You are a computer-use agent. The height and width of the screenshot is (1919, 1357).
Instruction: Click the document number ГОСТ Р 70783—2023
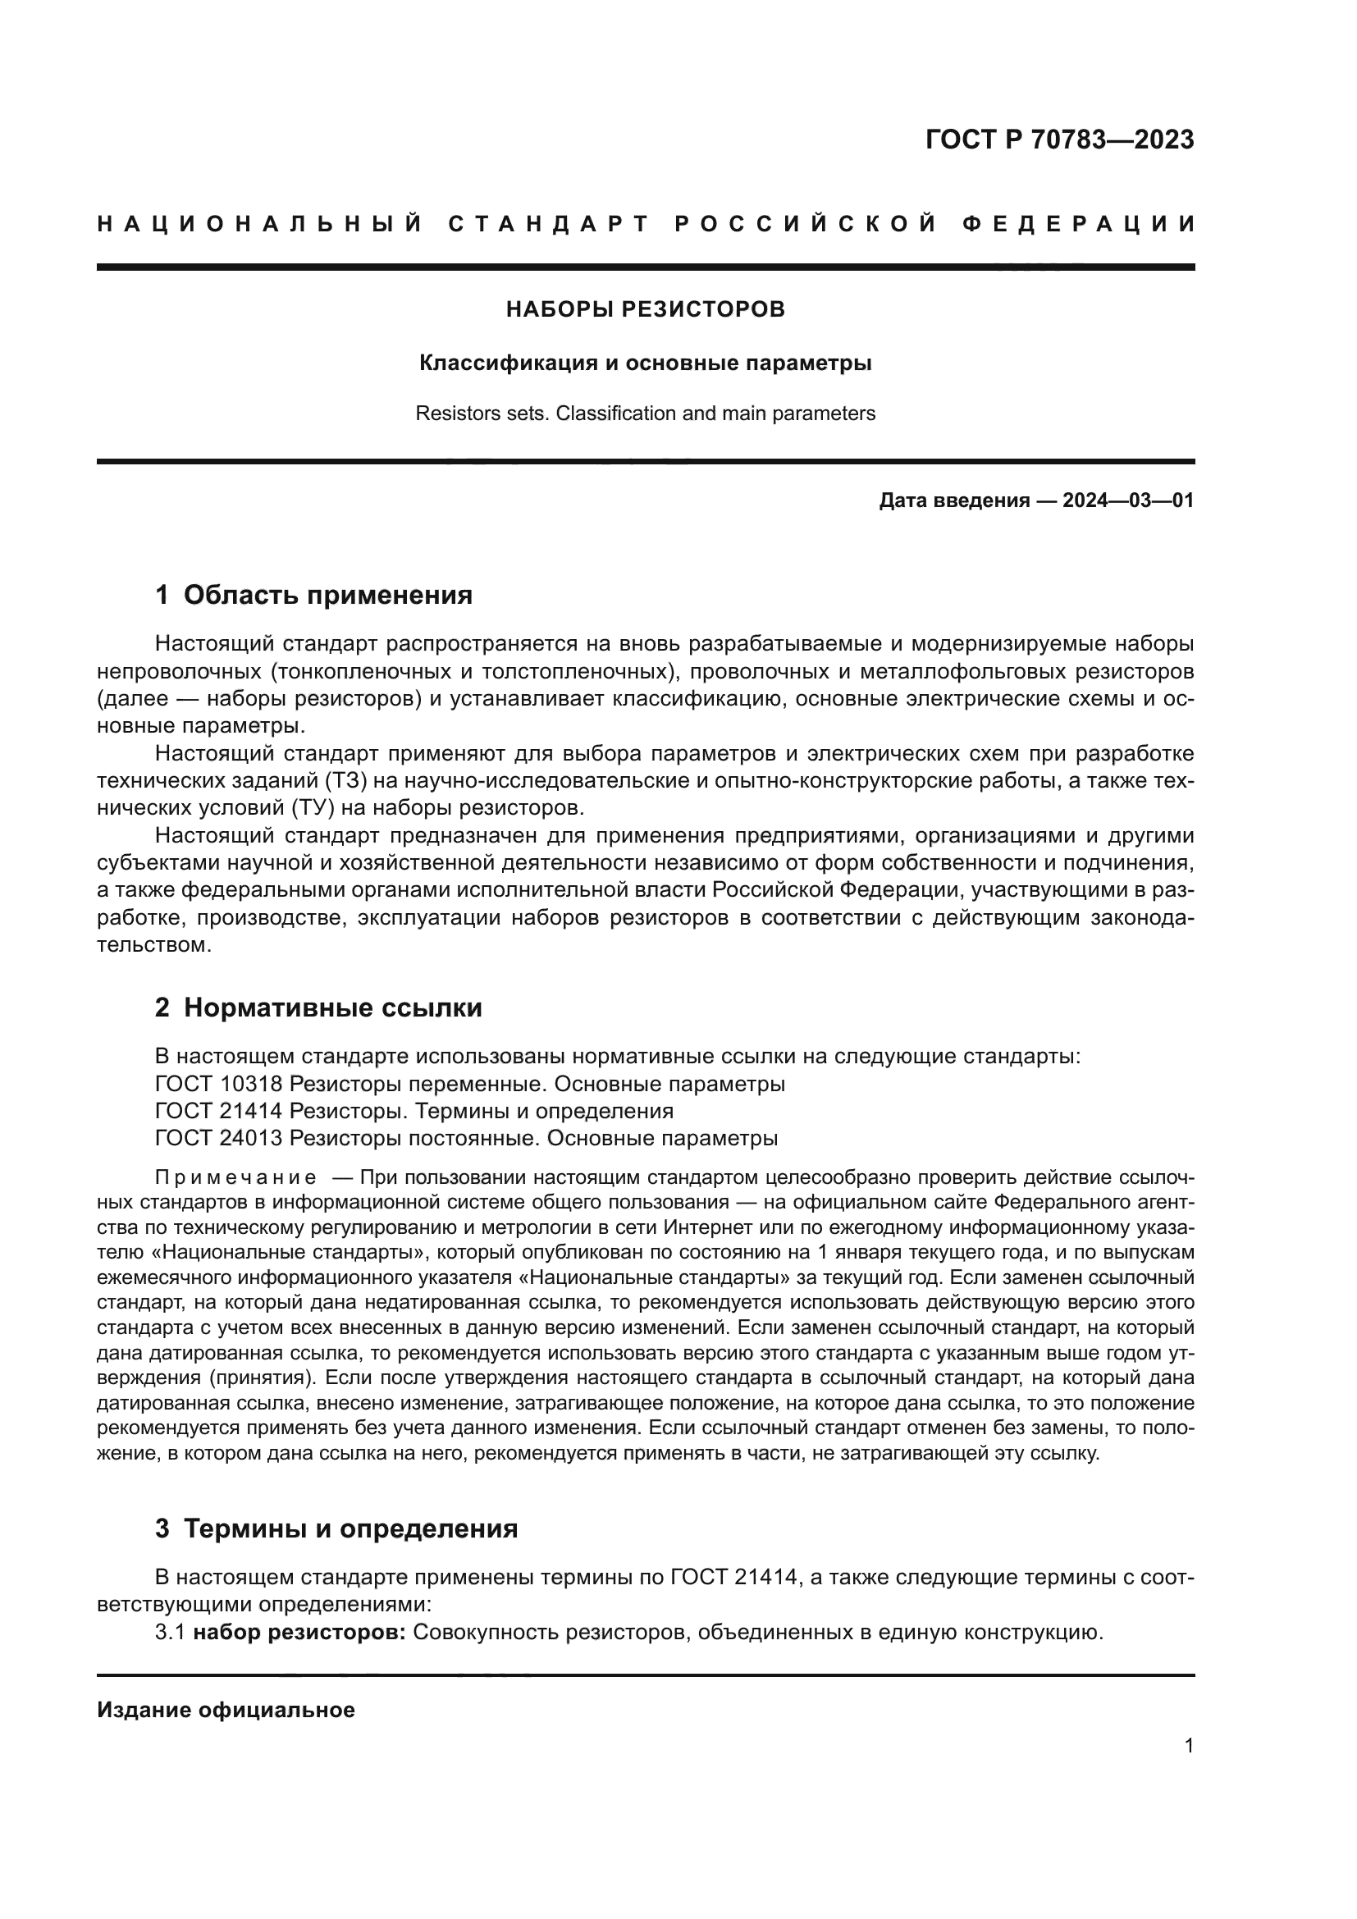click(1059, 139)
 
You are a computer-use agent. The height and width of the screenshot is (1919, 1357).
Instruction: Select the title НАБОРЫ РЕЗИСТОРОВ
click(645, 310)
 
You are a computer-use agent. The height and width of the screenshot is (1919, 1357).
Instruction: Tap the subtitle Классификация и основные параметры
click(645, 363)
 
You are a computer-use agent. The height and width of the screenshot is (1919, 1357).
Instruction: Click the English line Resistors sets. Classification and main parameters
click(645, 413)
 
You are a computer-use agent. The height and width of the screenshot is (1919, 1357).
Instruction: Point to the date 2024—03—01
click(1127, 501)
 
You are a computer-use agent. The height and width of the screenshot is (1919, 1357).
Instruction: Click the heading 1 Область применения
click(313, 595)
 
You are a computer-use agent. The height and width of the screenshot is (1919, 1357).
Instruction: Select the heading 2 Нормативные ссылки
click(318, 1008)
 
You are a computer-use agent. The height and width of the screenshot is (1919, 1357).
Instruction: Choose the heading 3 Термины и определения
click(336, 1528)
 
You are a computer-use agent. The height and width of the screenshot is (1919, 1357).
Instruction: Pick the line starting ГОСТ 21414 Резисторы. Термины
click(413, 1112)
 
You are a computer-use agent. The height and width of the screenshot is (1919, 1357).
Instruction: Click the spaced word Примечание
click(235, 1178)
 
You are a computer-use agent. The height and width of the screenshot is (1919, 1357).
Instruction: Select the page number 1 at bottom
click(1188, 1746)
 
